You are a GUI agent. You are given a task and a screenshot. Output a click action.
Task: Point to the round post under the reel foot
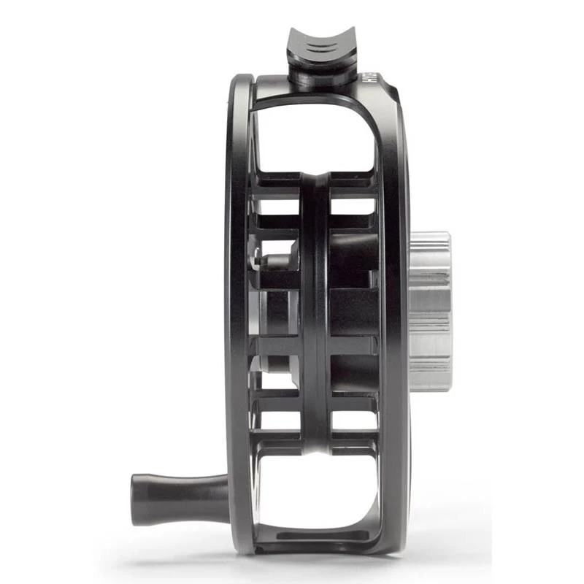(313, 77)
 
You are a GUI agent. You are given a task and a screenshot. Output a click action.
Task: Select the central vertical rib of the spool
(315, 314)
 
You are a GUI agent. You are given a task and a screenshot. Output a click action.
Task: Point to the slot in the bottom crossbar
(321, 537)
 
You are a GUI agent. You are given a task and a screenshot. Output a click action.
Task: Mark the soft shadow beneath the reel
(314, 562)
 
